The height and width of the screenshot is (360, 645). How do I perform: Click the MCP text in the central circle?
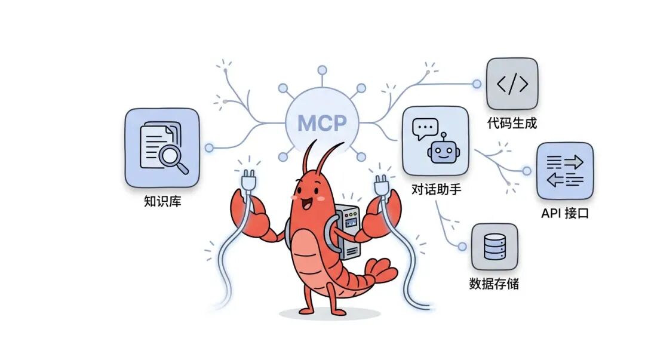point(322,123)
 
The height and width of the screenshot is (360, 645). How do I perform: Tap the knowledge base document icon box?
point(162,147)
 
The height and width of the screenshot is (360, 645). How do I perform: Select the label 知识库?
point(162,201)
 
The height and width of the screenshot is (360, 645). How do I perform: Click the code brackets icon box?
point(512,84)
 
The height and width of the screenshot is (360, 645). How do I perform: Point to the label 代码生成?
point(512,124)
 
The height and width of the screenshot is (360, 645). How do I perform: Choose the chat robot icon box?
point(435,141)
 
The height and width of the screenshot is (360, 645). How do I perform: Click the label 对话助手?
point(437,190)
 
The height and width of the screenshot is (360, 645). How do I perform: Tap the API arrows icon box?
point(564,170)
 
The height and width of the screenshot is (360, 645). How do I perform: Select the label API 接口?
point(564,213)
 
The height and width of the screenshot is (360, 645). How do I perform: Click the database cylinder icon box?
point(494,247)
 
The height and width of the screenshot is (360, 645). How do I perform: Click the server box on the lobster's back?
point(347,230)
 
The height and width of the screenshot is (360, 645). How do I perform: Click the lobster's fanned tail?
point(376,272)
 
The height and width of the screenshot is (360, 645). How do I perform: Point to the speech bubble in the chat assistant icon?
point(425,128)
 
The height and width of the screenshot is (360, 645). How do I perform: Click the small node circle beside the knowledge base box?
point(209,147)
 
